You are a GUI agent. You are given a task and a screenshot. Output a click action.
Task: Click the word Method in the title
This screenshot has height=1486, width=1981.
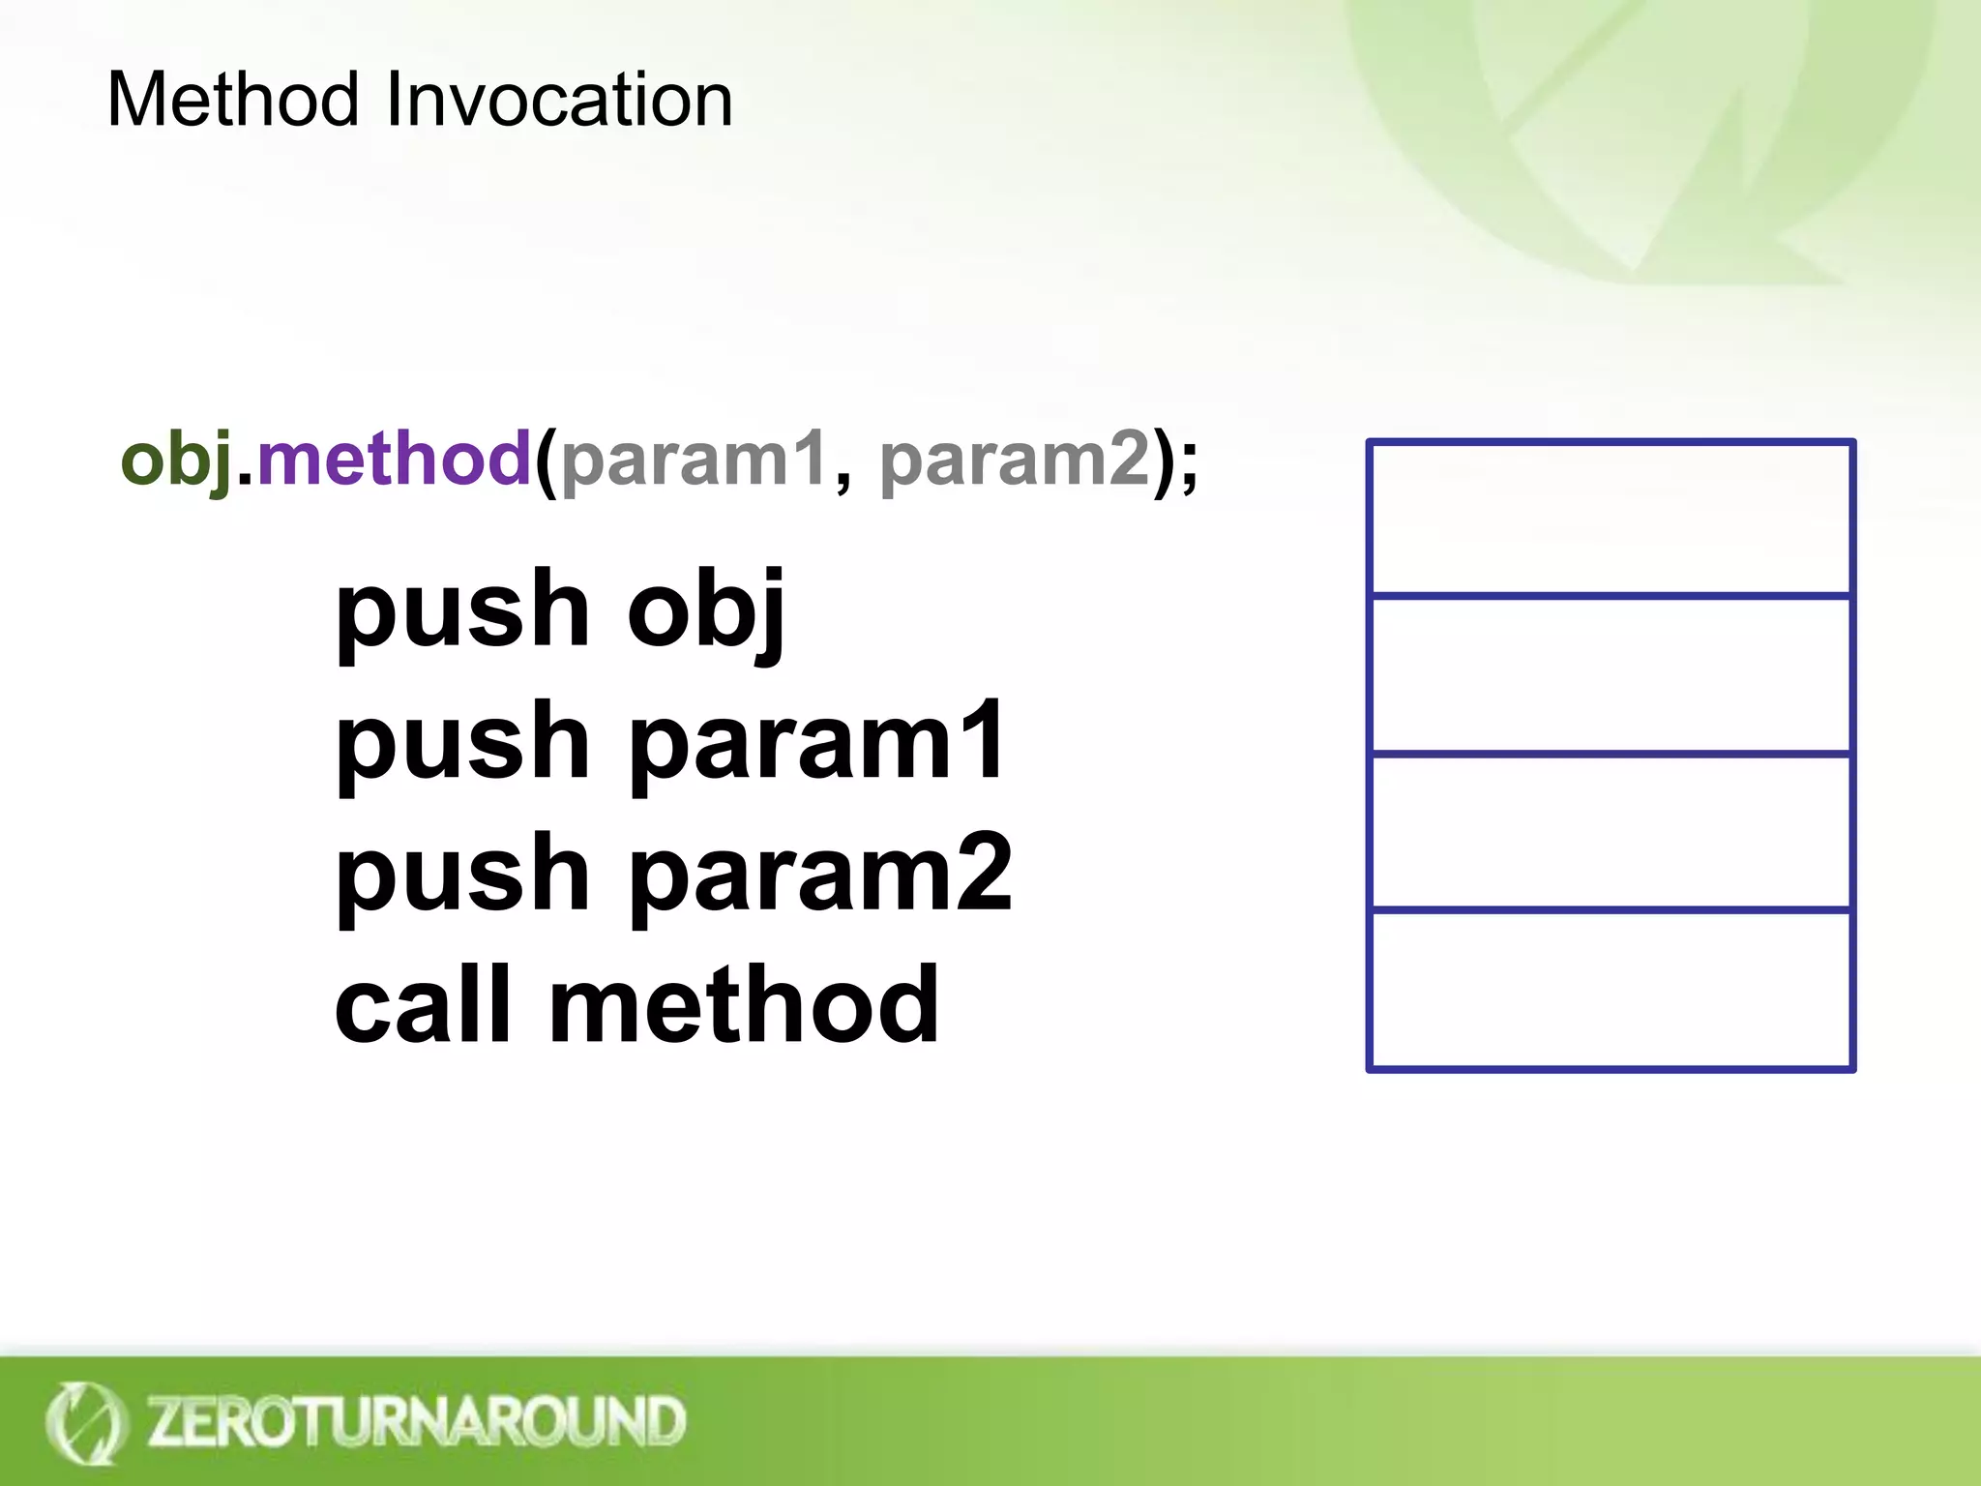(232, 100)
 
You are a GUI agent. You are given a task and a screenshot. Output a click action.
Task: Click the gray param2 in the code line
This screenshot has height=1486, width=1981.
(1015, 460)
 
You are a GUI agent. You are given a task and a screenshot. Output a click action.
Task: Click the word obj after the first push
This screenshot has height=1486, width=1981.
(705, 609)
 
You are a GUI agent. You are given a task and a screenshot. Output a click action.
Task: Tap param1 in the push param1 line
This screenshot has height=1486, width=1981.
(817, 742)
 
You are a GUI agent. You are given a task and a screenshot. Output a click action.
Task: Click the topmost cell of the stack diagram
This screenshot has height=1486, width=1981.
(1610, 518)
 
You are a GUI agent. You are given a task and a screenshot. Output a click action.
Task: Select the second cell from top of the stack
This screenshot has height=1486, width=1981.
(1610, 674)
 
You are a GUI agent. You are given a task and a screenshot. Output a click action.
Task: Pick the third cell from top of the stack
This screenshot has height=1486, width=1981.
(1610, 831)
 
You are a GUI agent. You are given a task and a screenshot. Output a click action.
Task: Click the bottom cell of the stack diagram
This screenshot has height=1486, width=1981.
(1610, 990)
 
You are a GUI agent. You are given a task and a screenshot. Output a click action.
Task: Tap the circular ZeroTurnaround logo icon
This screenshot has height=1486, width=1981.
(85, 1422)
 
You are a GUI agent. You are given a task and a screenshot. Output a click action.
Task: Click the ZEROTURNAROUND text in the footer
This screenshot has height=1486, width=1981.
(416, 1421)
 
